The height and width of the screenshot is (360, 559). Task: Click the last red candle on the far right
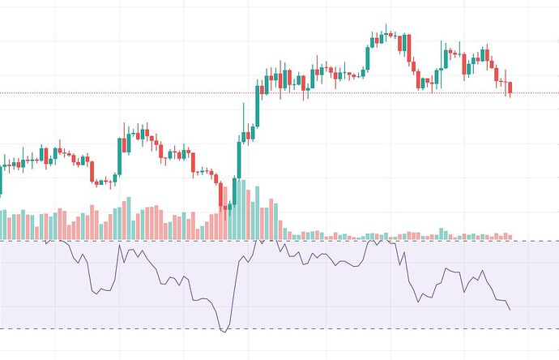tap(510, 88)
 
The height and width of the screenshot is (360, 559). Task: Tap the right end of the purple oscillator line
tap(510, 310)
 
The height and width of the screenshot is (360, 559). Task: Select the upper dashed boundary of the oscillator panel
tap(162, 241)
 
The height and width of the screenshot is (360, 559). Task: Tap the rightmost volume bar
tap(510, 236)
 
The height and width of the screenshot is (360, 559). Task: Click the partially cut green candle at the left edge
tap(2, 182)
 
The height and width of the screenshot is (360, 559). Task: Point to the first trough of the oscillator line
tap(97, 290)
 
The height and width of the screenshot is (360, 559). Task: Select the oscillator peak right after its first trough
tap(122, 246)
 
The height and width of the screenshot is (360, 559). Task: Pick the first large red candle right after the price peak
tap(403, 44)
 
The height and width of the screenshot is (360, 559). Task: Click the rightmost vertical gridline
tap(527, 162)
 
